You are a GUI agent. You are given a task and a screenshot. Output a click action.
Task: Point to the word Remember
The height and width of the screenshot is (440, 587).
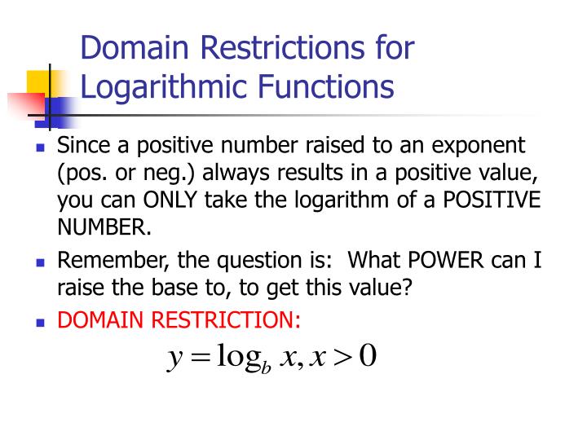click(x=104, y=261)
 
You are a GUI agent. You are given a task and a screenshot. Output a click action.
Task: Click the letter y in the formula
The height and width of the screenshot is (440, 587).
click(x=173, y=359)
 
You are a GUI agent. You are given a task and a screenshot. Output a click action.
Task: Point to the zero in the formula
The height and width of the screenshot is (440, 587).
click(x=368, y=356)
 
